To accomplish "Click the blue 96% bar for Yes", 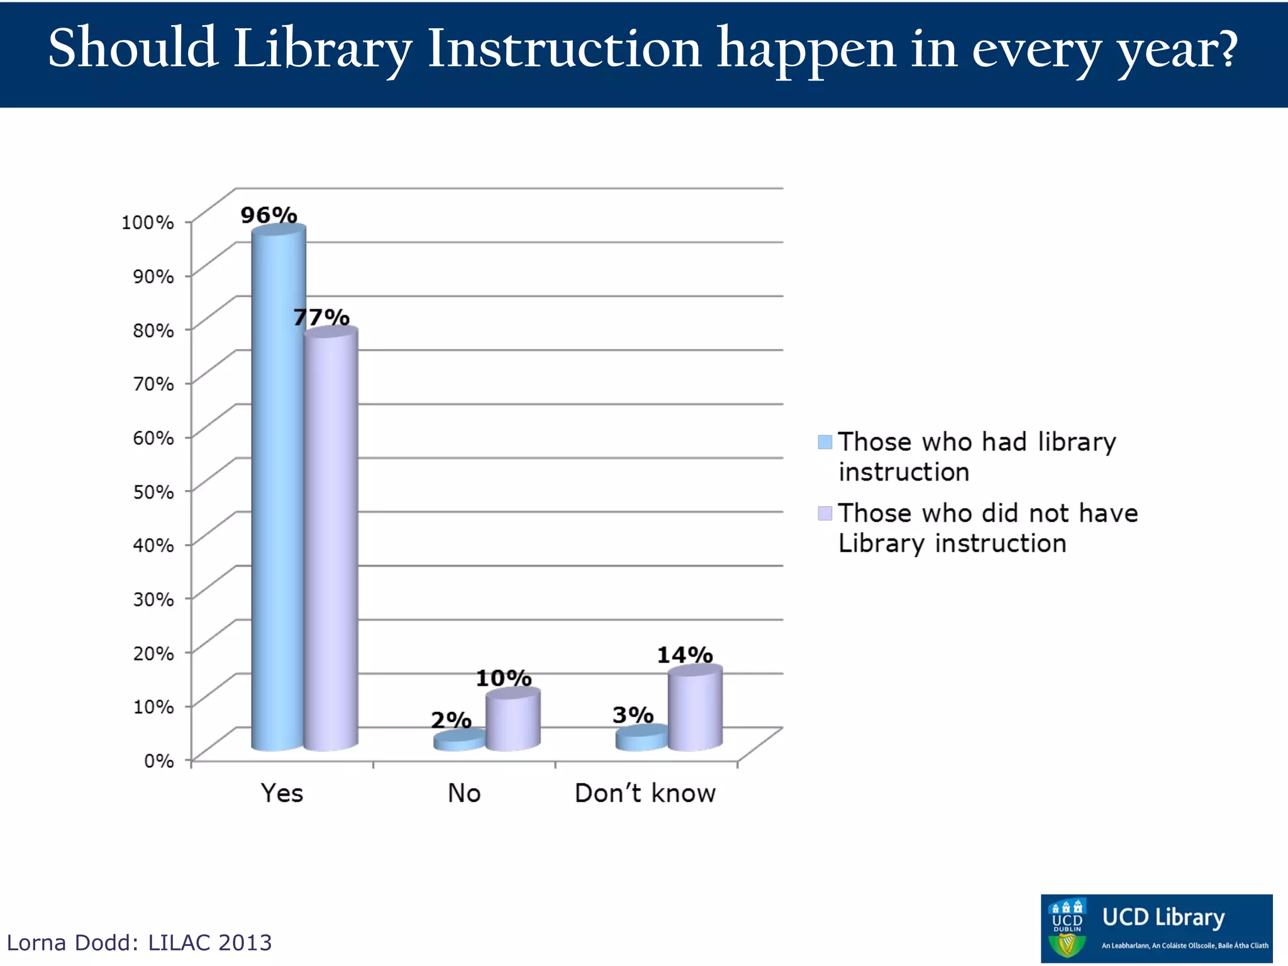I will point(278,491).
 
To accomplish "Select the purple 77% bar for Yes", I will point(331,541).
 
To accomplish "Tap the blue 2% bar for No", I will point(459,741).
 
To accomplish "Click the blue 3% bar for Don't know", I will point(641,738).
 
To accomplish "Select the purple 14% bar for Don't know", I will point(694,709).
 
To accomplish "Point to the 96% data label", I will point(269,215).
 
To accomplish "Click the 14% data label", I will point(684,655).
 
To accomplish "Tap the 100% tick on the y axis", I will point(148,222).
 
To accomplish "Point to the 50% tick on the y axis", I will point(153,491).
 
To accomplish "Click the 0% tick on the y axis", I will point(158,761).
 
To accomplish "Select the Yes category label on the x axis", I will point(282,793).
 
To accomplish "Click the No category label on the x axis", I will point(464,793).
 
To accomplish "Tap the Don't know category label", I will point(645,793).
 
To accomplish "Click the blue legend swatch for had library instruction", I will point(824,441).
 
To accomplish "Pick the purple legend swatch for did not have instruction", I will point(824,513).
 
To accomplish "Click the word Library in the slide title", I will point(322,49).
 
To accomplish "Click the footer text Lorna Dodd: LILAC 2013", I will point(139,942).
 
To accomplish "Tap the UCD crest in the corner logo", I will point(1067,928).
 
